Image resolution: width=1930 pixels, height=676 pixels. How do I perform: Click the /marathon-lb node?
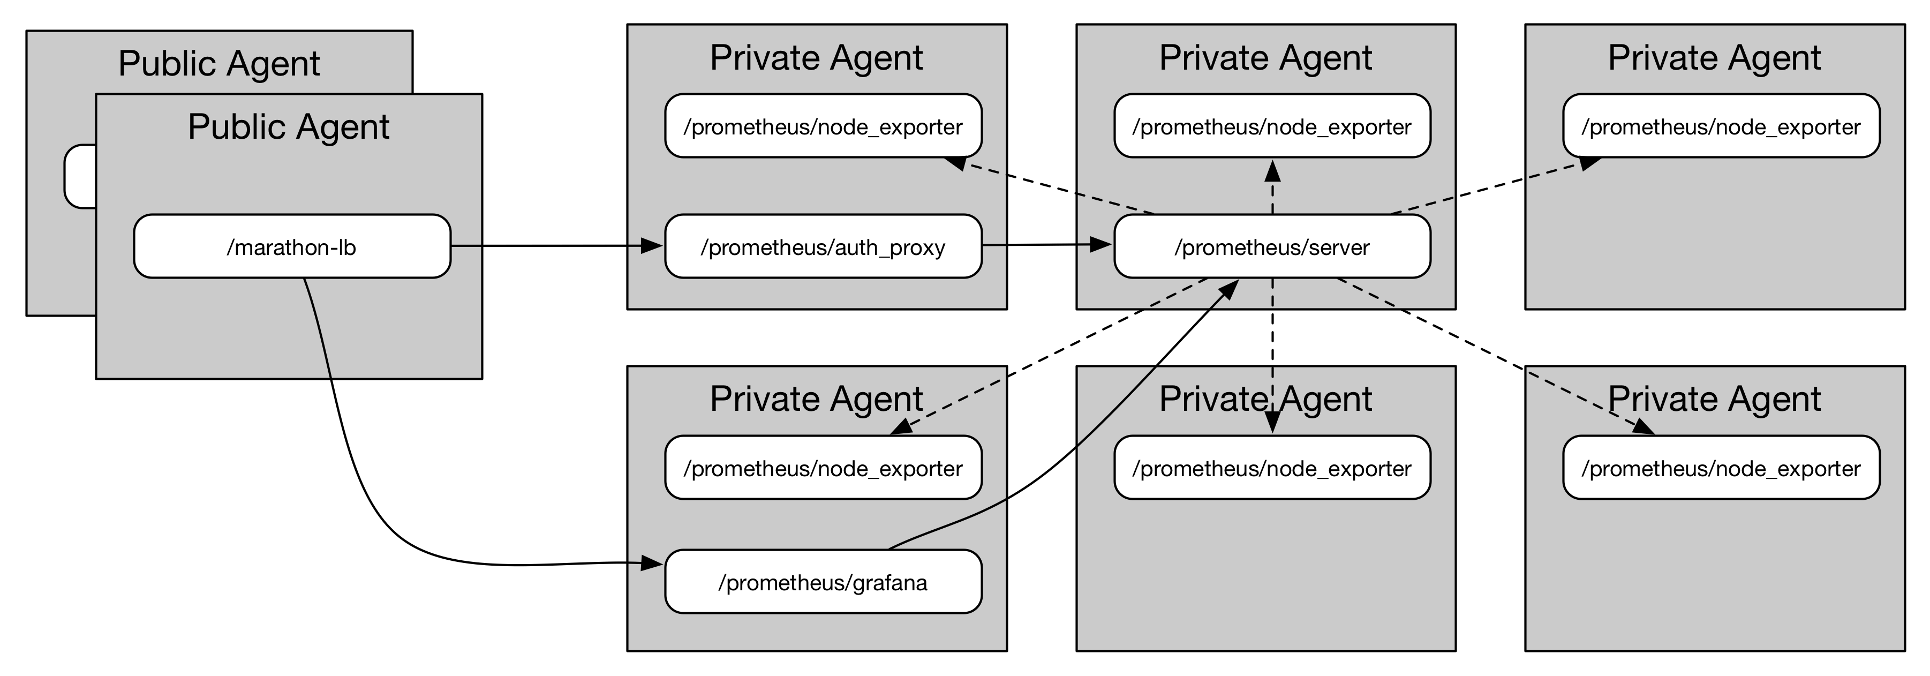pos(292,246)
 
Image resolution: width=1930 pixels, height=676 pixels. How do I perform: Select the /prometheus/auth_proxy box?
pos(823,246)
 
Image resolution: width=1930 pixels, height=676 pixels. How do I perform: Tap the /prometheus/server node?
pos(1271,246)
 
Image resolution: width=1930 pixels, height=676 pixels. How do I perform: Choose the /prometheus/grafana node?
pos(823,582)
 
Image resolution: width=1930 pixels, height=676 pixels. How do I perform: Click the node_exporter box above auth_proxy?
pos(823,126)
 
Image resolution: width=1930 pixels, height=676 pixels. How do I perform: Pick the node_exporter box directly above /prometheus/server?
pos(1271,126)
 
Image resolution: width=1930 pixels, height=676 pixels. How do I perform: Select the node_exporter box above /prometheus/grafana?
pos(823,468)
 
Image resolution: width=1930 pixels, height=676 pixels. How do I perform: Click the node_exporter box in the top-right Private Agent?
pos(1721,126)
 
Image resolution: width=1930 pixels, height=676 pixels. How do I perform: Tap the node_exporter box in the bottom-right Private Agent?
pos(1721,468)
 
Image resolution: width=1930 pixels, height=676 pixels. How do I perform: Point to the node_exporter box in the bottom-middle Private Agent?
pos(1271,468)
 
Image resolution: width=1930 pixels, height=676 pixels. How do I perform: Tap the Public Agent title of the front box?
pos(289,126)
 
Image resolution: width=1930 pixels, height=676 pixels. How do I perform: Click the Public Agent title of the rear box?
pos(219,63)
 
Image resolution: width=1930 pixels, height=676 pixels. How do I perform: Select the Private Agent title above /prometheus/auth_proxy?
pos(816,58)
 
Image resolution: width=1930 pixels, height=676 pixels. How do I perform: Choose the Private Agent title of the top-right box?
pos(1714,58)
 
